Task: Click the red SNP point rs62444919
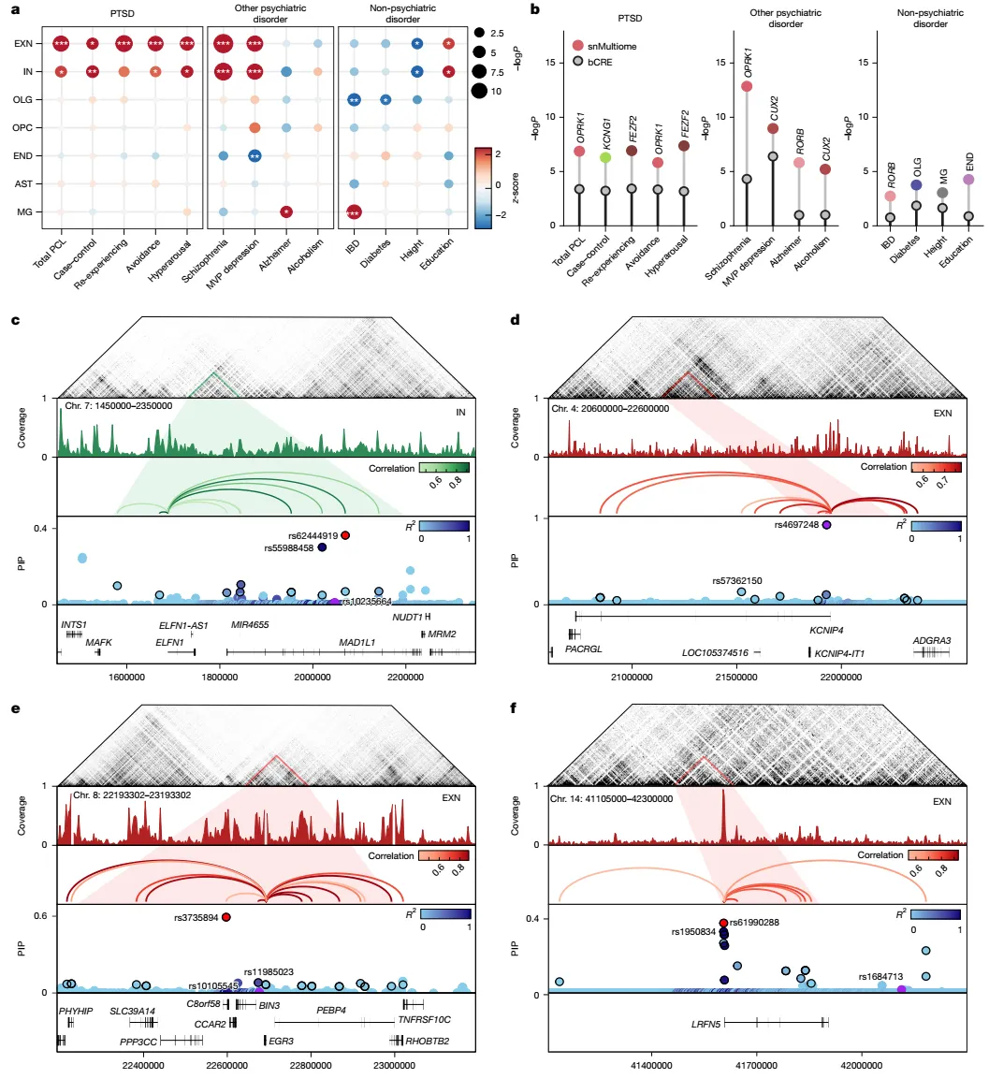coord(345,535)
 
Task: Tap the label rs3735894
coord(196,917)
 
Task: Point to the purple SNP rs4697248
coord(826,526)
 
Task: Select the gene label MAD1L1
coord(356,643)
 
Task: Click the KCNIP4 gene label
coord(827,631)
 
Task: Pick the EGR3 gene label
coord(282,1040)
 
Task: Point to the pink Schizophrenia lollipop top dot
coord(747,86)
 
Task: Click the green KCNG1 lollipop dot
coord(606,157)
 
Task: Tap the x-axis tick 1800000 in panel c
coord(219,676)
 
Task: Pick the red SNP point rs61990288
coord(724,923)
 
